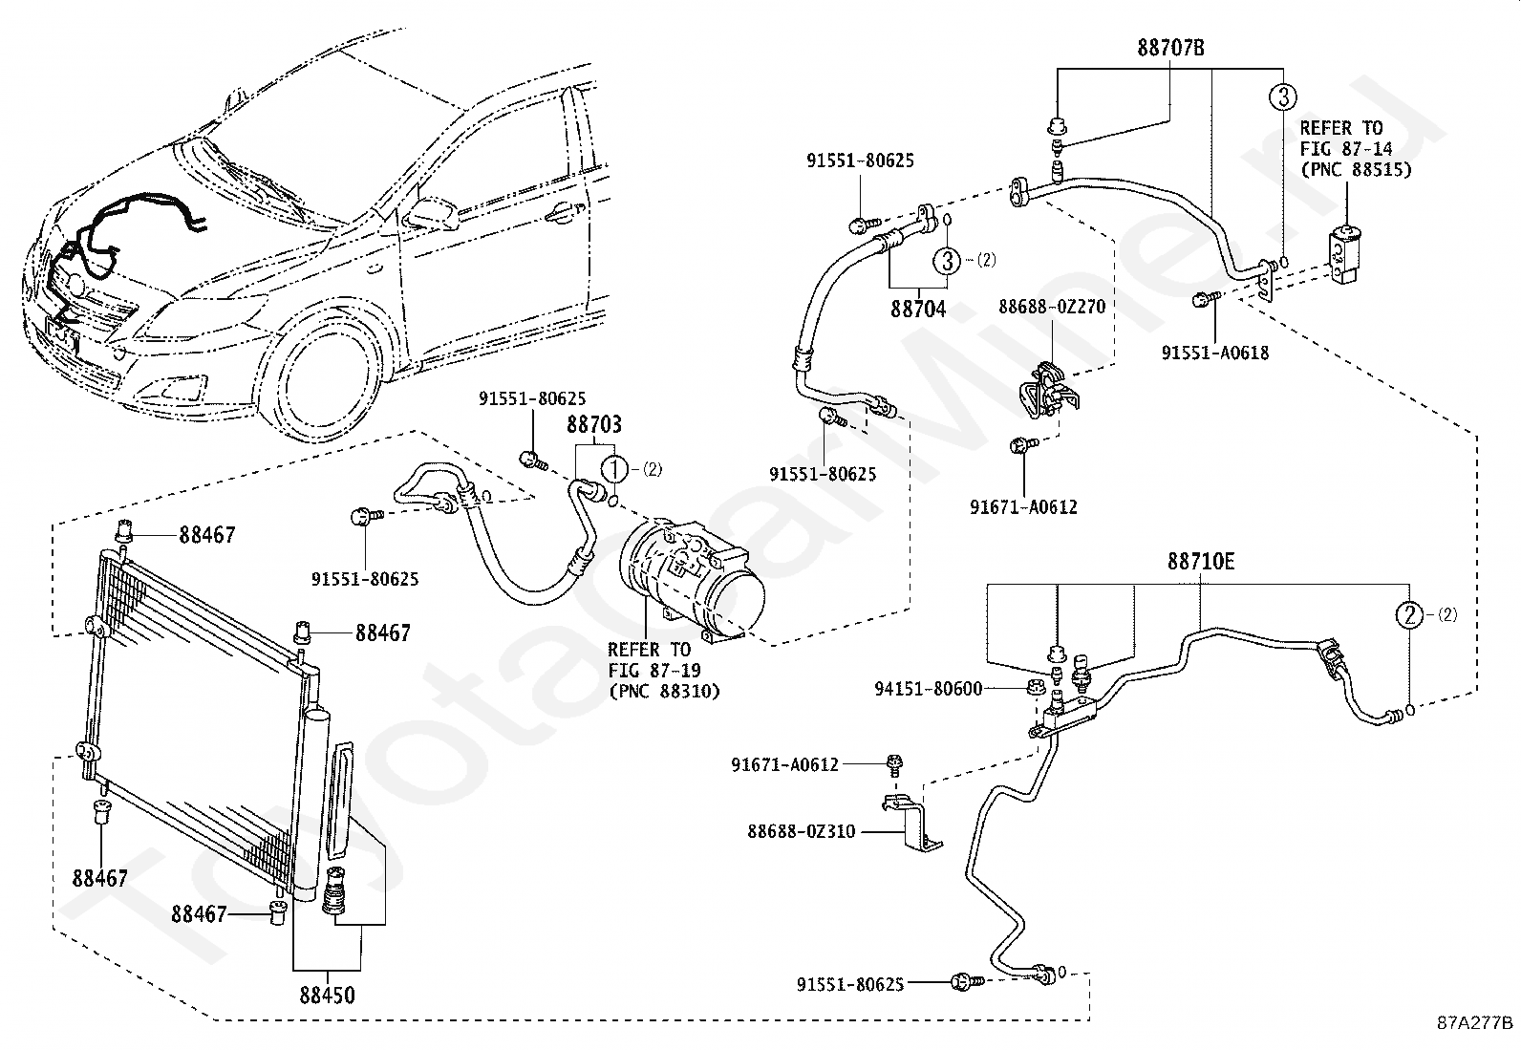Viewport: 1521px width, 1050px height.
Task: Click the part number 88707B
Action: point(1170,48)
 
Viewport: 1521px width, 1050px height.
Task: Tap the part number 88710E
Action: point(1201,562)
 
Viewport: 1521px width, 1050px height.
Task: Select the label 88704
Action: point(918,309)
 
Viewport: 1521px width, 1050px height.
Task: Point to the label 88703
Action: point(594,424)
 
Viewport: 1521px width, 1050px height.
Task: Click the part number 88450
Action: point(328,996)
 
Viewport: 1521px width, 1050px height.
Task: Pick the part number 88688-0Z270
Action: point(1052,307)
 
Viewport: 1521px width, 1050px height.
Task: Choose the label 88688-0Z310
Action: point(802,831)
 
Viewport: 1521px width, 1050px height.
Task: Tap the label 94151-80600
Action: point(929,690)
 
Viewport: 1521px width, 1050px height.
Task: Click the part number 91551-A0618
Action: point(1215,354)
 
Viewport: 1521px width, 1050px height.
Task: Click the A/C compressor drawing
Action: point(692,581)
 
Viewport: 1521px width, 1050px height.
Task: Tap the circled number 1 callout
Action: point(614,469)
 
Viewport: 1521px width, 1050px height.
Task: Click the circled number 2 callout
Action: point(1409,615)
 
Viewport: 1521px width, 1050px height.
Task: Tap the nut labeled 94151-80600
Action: point(1034,687)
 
